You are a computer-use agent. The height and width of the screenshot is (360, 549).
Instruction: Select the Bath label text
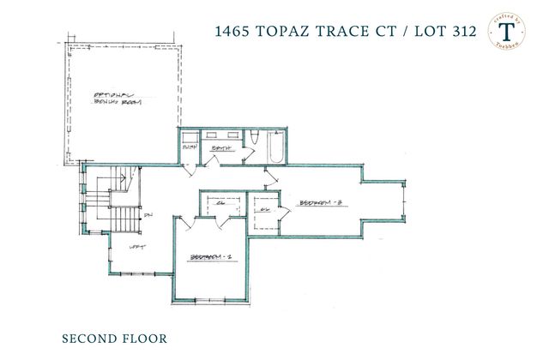222,147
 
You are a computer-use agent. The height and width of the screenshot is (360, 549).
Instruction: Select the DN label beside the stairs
148,215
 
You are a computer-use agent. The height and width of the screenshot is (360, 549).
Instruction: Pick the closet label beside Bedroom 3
265,209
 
